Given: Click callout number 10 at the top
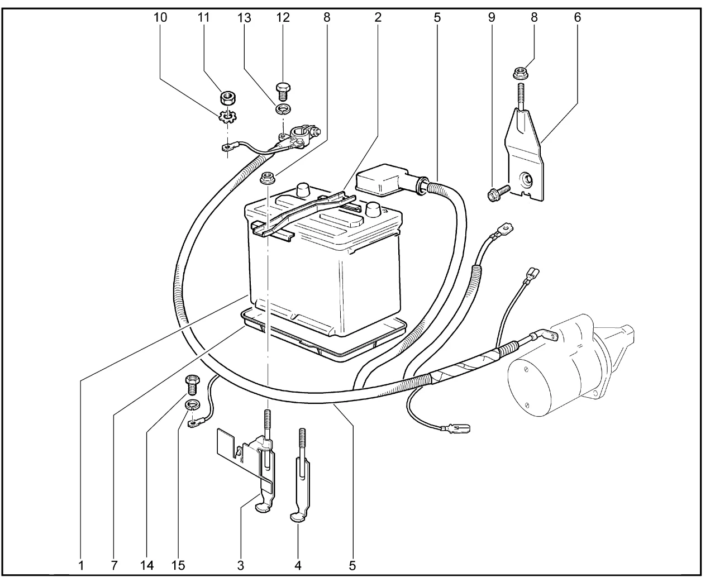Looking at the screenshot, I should pyautogui.click(x=160, y=17).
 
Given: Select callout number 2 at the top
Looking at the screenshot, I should pyautogui.click(x=378, y=17).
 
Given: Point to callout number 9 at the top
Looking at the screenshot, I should pyautogui.click(x=492, y=17).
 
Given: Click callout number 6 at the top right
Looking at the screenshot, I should pyautogui.click(x=577, y=17).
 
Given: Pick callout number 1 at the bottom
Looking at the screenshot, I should pyautogui.click(x=82, y=565).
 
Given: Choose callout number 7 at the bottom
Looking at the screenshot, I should pyautogui.click(x=114, y=565).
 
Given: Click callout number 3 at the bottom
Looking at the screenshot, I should pyautogui.click(x=241, y=565).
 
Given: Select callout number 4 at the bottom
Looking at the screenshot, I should pyautogui.click(x=298, y=565).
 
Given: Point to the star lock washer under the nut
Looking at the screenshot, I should pyautogui.click(x=227, y=117).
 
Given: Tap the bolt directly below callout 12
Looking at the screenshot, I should pyautogui.click(x=283, y=89).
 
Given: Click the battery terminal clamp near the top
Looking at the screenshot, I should pyautogui.click(x=301, y=136).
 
